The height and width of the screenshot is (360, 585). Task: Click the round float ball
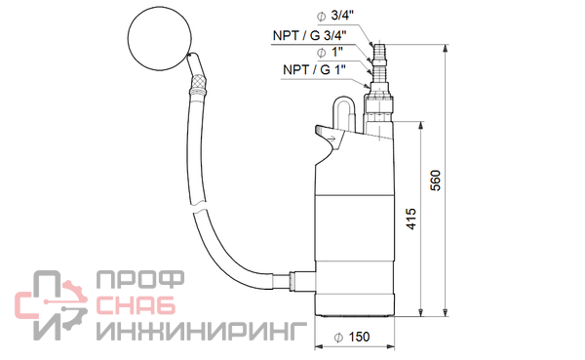(160, 37)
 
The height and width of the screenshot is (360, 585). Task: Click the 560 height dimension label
(436, 180)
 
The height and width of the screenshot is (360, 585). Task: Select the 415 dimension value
(410, 219)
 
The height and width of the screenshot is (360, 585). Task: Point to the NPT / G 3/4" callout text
(310, 35)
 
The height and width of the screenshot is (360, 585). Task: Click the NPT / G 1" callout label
(315, 69)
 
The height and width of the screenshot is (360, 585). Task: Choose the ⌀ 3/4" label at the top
(335, 16)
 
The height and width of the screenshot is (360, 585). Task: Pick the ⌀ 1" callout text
(330, 53)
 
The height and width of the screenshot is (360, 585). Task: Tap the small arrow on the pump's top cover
(331, 140)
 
